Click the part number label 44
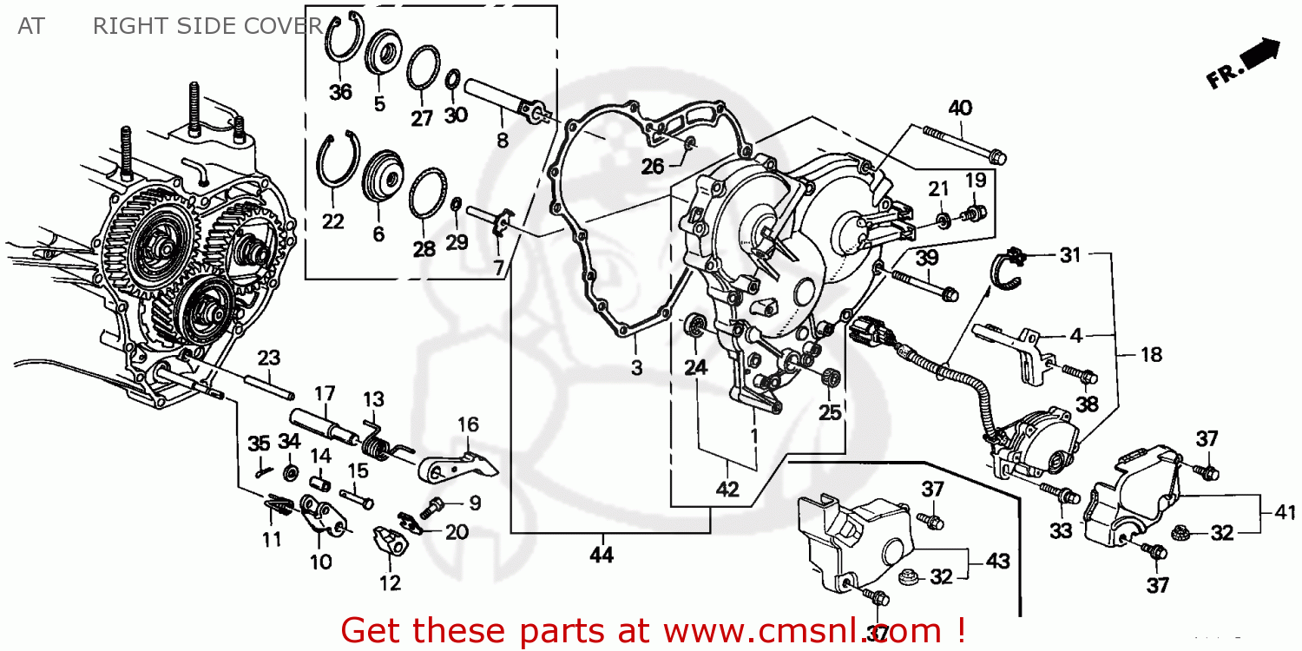click(601, 555)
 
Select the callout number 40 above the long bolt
click(959, 108)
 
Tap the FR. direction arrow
click(1244, 63)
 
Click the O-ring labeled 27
click(423, 68)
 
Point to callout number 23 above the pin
click(269, 357)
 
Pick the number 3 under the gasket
click(636, 368)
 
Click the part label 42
click(727, 490)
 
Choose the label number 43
click(996, 562)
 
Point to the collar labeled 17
click(322, 424)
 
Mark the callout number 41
click(1285, 513)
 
